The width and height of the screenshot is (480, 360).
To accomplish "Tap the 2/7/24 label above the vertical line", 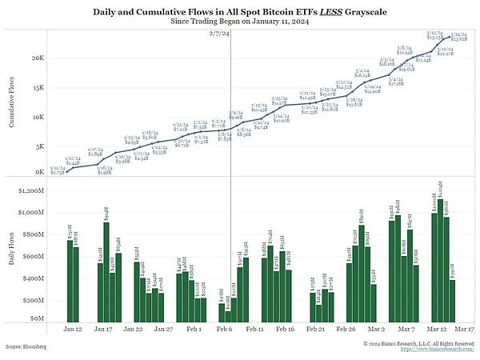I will coord(220,34).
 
